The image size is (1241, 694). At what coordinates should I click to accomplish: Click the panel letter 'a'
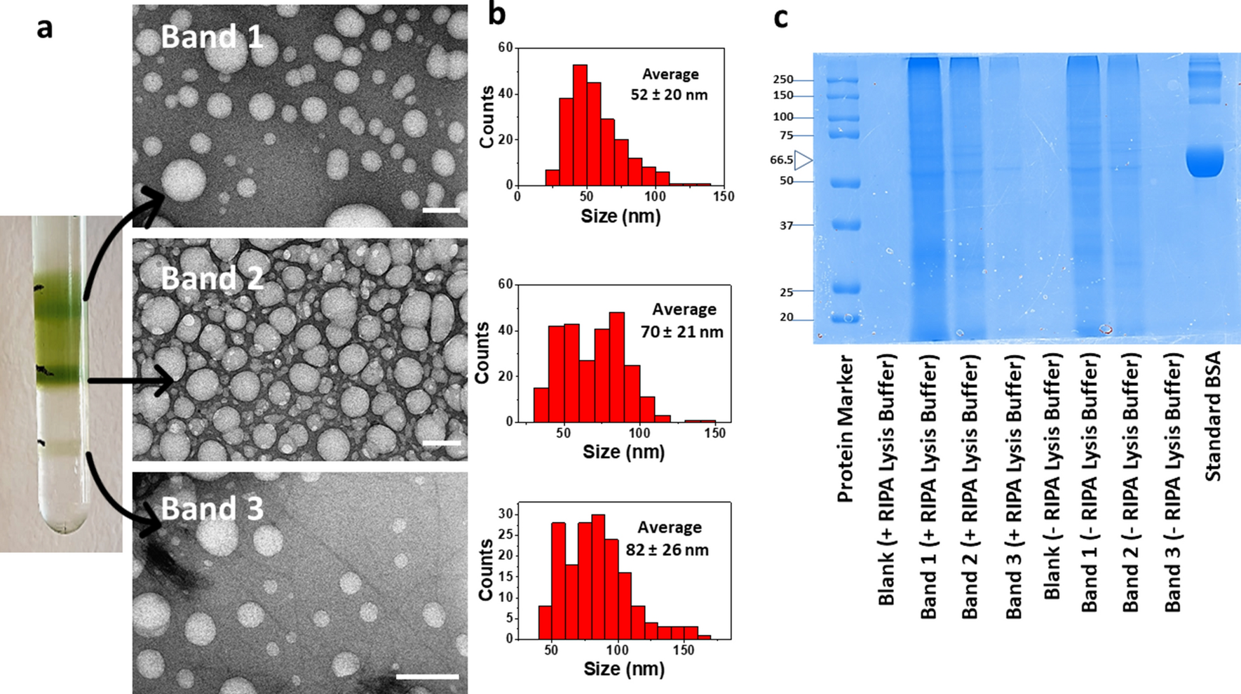[45, 29]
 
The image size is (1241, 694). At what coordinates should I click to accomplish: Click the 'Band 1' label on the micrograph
[212, 37]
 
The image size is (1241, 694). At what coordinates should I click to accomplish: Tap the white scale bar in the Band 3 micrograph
[427, 676]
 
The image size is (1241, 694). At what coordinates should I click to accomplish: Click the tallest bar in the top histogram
[580, 125]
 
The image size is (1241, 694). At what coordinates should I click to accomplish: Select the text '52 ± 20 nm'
[669, 95]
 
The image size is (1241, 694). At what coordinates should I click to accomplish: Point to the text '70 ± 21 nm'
[681, 331]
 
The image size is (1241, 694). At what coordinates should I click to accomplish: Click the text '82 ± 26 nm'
[667, 549]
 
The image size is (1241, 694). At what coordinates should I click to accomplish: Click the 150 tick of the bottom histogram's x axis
[683, 650]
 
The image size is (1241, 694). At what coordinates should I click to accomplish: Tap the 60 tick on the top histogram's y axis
[505, 48]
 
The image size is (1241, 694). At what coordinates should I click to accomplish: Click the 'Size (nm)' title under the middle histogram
[623, 451]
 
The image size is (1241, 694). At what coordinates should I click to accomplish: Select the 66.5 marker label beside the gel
[781, 160]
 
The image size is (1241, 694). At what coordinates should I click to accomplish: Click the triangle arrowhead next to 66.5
[803, 161]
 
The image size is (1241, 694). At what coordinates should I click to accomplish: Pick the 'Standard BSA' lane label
[1213, 416]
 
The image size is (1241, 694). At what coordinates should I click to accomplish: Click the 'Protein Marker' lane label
[846, 428]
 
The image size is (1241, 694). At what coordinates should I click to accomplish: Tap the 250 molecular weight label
[782, 79]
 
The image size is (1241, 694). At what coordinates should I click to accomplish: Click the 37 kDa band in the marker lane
[843, 225]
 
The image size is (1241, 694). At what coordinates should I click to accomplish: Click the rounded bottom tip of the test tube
[63, 527]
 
